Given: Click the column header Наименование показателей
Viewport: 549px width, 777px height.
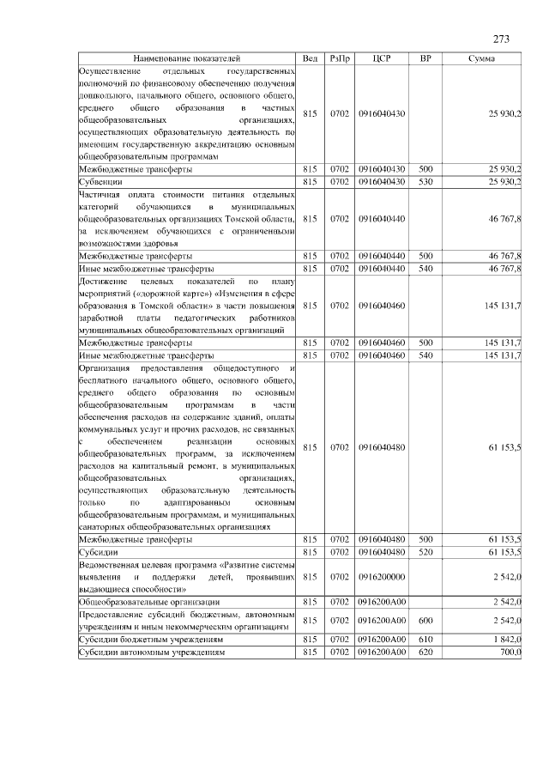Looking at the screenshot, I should pos(188,58).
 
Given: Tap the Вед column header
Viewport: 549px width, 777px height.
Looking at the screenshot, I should pos(311,58).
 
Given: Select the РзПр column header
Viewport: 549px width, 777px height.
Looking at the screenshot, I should pos(339,58).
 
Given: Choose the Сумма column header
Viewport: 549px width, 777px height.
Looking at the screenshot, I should pos(481,58).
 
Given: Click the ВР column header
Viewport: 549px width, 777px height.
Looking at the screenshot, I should pos(425,58).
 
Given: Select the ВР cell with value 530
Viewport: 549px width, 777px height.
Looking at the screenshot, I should pos(425,183).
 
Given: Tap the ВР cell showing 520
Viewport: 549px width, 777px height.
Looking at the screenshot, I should pos(425,552).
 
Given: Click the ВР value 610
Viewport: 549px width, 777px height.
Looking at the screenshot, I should pos(425,640).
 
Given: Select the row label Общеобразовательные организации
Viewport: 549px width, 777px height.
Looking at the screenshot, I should pos(148,604).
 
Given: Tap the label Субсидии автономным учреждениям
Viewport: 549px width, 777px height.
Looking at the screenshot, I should pos(152,653).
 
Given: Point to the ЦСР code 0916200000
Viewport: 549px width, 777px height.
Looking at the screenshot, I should pos(383,578).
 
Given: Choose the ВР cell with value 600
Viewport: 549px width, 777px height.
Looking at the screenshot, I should pos(425,622).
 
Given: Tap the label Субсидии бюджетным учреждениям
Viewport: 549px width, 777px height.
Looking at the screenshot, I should pos(151,640).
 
